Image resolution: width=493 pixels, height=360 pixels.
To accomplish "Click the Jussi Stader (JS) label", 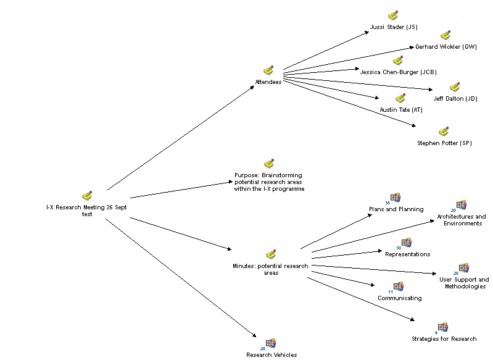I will [x=394, y=27].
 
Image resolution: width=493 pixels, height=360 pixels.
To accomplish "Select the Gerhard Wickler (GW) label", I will [x=445, y=47].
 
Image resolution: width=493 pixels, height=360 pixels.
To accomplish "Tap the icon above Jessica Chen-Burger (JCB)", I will [x=398, y=61].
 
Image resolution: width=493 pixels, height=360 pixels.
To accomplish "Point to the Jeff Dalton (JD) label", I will [x=455, y=99].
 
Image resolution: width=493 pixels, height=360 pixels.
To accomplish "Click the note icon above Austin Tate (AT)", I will [x=400, y=99].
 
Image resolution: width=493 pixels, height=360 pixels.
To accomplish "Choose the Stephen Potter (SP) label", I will [x=444, y=143].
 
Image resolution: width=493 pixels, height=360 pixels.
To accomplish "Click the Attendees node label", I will [x=268, y=82].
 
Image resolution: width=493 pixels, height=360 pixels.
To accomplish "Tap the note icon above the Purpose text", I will [x=269, y=164].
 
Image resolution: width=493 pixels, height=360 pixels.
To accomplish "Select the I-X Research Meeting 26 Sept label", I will [x=87, y=207].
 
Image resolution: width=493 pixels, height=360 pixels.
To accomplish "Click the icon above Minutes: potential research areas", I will [x=270, y=254].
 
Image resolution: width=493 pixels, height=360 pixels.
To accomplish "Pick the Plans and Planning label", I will [x=396, y=209].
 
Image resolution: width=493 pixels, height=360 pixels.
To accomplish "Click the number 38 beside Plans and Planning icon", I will [x=387, y=203].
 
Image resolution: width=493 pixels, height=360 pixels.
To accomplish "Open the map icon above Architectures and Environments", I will [x=461, y=205].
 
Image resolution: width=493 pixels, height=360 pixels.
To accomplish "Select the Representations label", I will [x=407, y=254].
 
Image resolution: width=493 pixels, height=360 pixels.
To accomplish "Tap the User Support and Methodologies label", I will [x=464, y=283].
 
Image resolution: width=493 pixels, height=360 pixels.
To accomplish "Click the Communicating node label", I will [x=400, y=298].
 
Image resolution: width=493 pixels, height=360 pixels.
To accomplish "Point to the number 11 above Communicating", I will [x=390, y=291].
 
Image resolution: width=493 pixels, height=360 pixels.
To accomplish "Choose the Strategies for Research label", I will [x=444, y=339].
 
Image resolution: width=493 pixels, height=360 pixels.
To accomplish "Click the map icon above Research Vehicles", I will [x=270, y=343].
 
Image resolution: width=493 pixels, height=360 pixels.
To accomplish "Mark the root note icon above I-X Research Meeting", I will [x=87, y=196].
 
